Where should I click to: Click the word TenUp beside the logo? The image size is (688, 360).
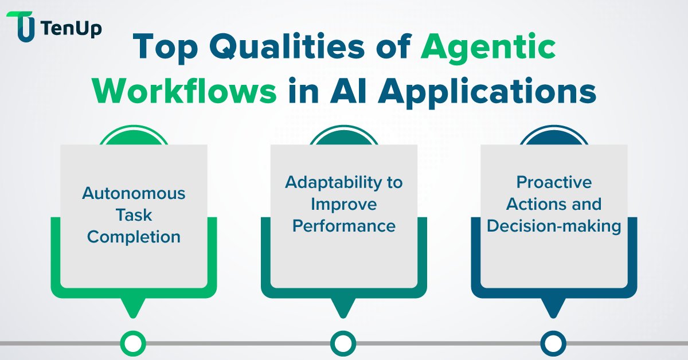72,27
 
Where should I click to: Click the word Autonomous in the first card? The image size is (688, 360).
134,193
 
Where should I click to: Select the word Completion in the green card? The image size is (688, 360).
134,236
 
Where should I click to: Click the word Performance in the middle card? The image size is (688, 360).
344,225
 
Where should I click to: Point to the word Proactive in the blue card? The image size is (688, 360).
554,182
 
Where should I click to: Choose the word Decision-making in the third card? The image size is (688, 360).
554,225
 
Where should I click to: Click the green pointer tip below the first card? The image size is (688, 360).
134,310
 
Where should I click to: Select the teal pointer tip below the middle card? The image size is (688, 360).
343,310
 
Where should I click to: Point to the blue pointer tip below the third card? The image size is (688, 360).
554,310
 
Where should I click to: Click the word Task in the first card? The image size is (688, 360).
134,215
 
